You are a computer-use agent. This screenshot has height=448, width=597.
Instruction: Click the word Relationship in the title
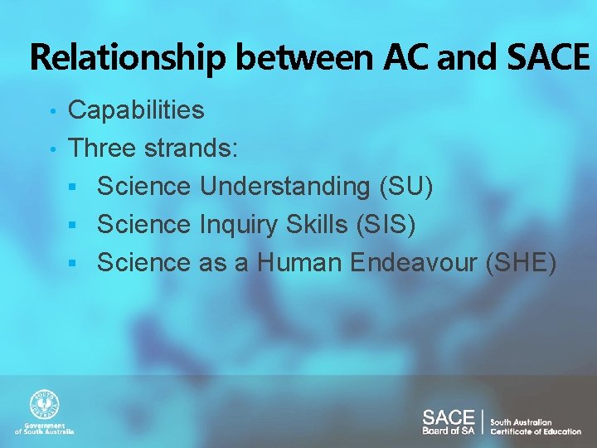click(127, 58)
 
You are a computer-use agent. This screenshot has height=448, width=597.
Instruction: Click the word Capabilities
click(136, 110)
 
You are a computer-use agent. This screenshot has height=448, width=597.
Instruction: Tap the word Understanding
click(285, 187)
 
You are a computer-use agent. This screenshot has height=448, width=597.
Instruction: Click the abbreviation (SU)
click(405, 187)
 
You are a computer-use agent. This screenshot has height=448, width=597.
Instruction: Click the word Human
click(299, 262)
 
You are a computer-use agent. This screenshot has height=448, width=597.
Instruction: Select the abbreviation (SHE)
click(516, 262)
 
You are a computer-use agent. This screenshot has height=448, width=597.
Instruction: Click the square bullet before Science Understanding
click(73, 187)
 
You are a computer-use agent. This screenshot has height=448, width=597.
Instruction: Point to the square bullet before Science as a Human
click(73, 264)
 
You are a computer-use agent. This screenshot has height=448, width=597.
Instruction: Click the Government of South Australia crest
click(45, 406)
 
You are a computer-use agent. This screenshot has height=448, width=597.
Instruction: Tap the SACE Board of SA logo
click(448, 421)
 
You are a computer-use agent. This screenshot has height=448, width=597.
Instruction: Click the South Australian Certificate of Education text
click(535, 426)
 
